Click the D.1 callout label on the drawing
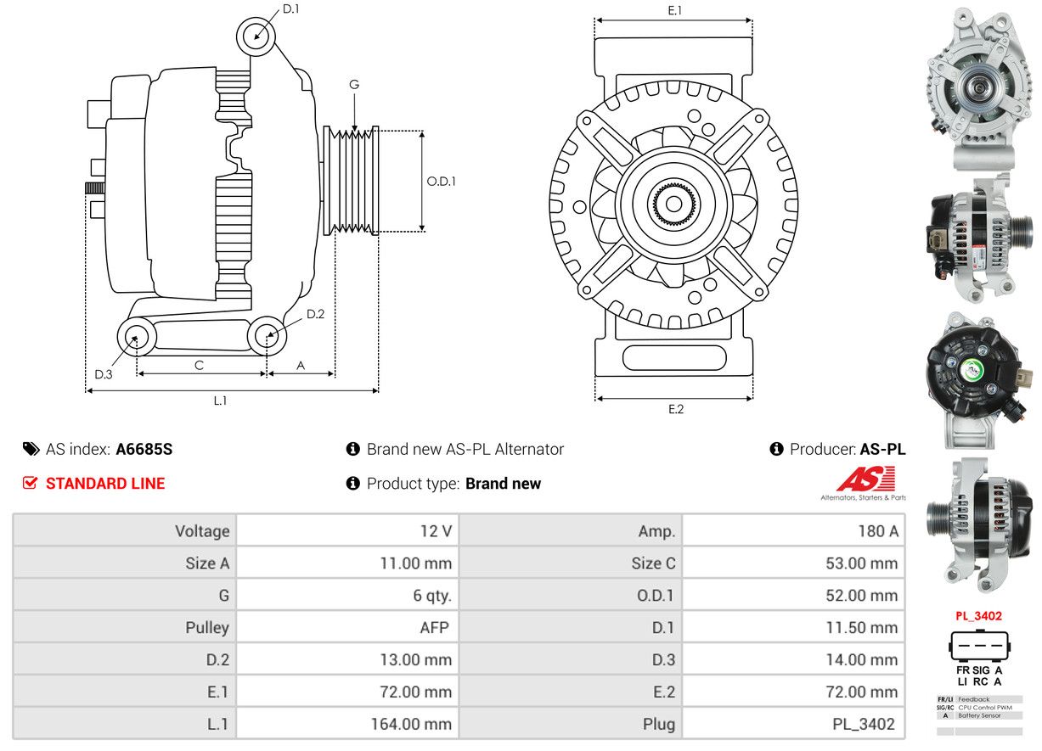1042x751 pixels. (290, 8)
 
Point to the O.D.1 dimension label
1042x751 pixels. (441, 182)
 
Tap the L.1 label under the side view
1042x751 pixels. (220, 401)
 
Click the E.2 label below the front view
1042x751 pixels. (676, 409)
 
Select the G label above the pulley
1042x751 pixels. (354, 85)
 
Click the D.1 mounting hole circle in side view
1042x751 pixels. (256, 36)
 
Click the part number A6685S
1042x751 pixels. (144, 450)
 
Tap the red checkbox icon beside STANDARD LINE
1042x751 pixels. (30, 483)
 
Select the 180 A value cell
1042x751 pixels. (793, 530)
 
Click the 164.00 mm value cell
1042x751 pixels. (347, 724)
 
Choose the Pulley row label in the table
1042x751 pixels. (207, 627)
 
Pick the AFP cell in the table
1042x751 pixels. (347, 627)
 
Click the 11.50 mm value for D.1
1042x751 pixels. (793, 627)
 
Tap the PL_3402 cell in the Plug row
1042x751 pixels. (793, 724)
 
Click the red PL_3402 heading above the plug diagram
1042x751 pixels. (979, 616)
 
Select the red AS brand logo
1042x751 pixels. (865, 479)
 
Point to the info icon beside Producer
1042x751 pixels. (776, 449)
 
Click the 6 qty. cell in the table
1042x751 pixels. (347, 596)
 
